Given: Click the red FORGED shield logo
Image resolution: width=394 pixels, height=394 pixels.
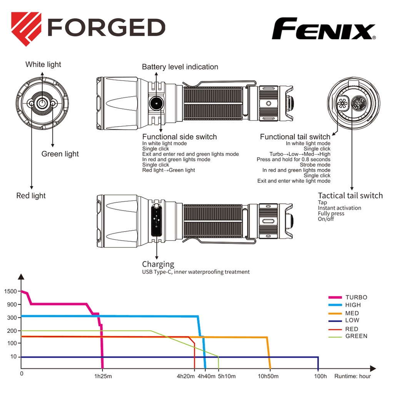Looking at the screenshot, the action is pos(26,29).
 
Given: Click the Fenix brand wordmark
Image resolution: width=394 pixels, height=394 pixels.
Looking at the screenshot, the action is pos(324,28).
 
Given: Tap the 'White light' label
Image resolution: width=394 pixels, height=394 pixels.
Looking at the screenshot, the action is pos(43,64).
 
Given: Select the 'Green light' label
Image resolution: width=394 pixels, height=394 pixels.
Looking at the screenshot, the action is pos(60,154).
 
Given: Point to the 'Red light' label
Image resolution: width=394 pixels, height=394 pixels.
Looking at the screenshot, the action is pos(31,195).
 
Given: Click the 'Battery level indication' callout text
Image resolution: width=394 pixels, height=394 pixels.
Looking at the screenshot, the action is pos(180,67).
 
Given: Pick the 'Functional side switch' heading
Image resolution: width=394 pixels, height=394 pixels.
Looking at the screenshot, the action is pos(179,137).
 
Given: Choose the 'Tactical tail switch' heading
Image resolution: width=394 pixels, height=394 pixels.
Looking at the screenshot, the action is pos(350,195).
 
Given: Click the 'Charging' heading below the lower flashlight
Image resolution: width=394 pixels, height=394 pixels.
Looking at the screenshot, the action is pos(158,264).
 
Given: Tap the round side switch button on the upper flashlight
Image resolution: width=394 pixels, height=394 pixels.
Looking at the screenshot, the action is pos(156,103).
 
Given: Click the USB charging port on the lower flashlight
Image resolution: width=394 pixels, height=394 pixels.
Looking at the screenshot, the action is pos(156,220).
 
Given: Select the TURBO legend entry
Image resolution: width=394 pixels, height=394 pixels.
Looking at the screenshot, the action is pos(348,297).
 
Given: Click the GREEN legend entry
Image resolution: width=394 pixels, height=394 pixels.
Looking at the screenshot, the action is pos(348,336).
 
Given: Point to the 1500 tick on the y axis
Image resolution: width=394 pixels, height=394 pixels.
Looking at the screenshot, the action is pos(10,291).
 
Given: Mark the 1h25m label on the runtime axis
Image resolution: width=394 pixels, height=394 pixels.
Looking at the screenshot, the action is pos(103,376).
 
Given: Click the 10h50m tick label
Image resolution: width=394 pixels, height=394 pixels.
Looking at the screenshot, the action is pos(268,376).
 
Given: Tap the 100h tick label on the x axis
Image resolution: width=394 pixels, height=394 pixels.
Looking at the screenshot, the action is pos(321,376).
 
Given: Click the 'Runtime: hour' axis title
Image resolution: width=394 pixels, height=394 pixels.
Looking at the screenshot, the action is pos(352,376).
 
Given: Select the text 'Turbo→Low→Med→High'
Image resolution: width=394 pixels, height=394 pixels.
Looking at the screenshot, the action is pos(300,154).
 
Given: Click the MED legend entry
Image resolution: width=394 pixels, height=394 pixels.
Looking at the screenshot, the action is pos(344,313).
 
